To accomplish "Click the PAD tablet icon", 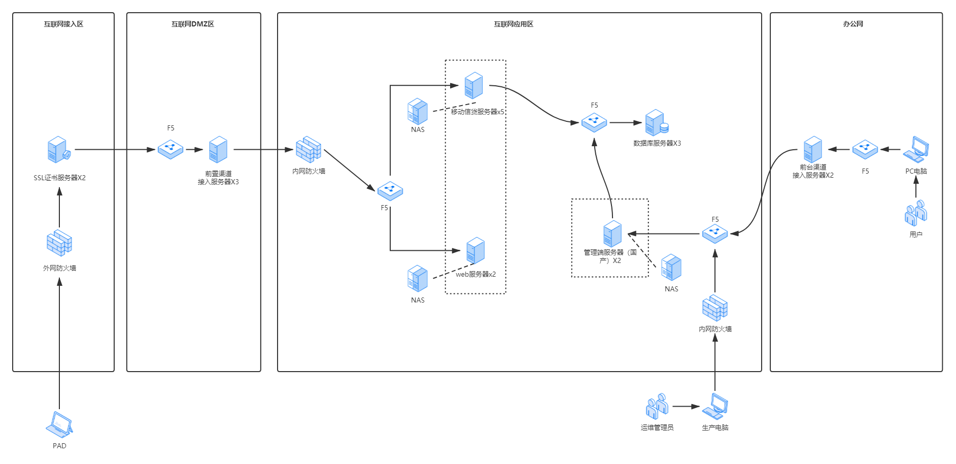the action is [x=59, y=424].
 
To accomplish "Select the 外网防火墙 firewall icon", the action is [x=59, y=243].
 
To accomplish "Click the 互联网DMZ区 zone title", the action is [x=193, y=24].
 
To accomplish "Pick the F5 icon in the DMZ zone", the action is [x=170, y=149].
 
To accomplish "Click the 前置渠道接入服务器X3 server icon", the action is [x=218, y=149].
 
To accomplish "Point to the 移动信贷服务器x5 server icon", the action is [x=473, y=85].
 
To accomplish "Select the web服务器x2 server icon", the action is [x=475, y=250].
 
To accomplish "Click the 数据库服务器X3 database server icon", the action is [x=657, y=123].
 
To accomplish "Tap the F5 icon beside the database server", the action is [x=594, y=122].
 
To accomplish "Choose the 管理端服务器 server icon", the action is [x=612, y=234].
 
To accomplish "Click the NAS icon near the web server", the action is [x=418, y=279].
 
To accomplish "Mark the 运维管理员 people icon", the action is [x=657, y=406].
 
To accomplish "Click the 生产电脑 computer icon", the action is [x=715, y=406].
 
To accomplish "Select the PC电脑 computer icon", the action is [x=916, y=149].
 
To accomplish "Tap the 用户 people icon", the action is [x=916, y=213].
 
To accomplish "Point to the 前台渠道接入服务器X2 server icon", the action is [x=813, y=149].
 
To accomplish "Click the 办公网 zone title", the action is [x=853, y=24].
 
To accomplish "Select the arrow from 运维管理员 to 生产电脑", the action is [x=687, y=407].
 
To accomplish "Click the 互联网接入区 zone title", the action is [x=63, y=24].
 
